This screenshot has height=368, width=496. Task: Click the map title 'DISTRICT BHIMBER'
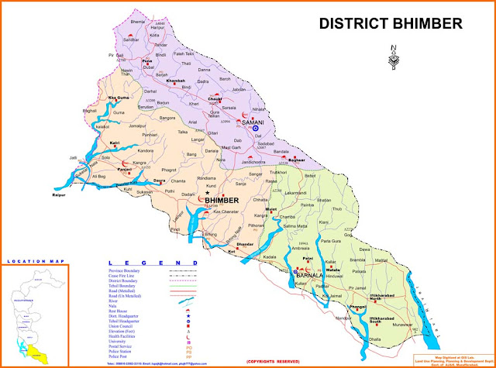391,24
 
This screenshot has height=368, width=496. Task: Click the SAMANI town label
253,122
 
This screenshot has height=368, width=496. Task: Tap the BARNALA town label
309,273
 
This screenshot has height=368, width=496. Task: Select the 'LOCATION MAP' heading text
33,263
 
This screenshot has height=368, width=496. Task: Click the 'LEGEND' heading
147,263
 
